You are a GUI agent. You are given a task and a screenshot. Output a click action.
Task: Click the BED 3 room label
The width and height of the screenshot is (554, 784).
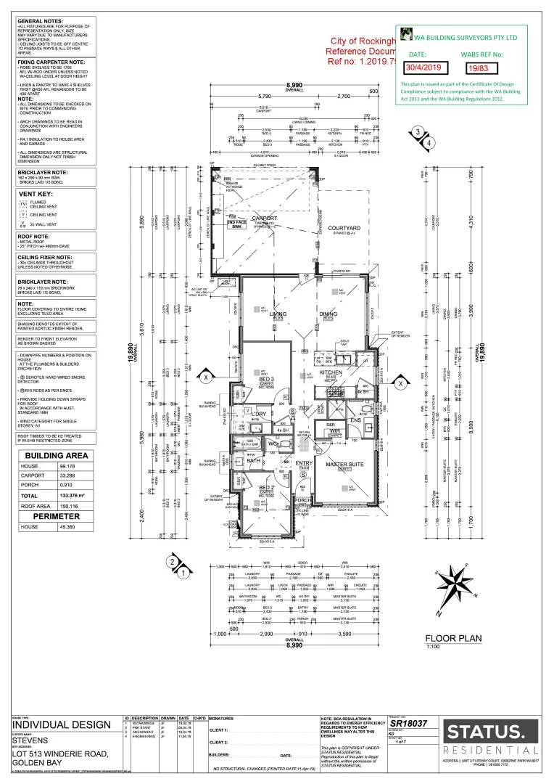(x=266, y=380)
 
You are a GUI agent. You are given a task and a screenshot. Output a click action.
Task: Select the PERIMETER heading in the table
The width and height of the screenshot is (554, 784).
(x=56, y=515)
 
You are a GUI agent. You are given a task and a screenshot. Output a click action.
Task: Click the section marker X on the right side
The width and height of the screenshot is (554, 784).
(x=400, y=382)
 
